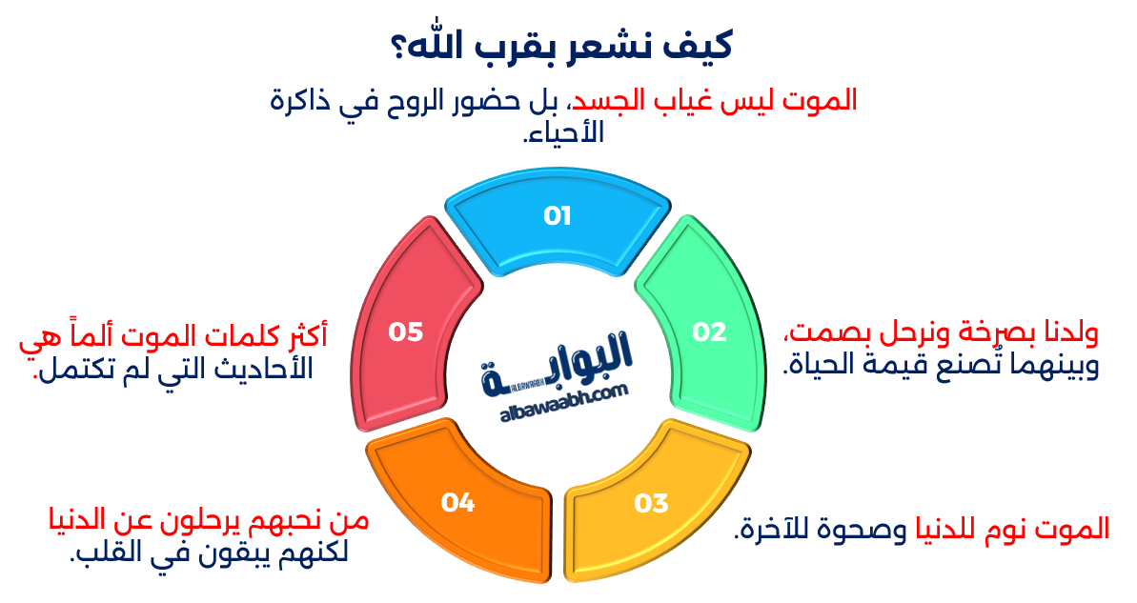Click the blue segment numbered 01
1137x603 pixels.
click(557, 216)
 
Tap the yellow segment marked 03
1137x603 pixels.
click(652, 502)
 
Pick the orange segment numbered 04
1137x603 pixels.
click(458, 502)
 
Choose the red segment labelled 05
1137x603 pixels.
click(405, 332)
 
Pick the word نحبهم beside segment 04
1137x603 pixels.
click(286, 522)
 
